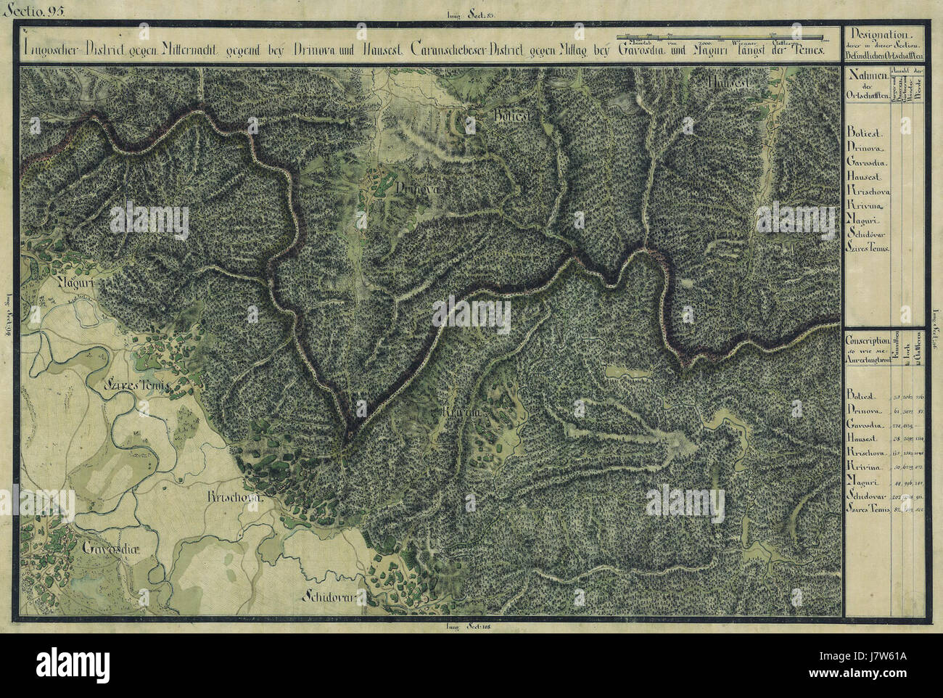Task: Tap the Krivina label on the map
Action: tap(462, 413)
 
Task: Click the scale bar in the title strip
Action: tap(718, 36)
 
